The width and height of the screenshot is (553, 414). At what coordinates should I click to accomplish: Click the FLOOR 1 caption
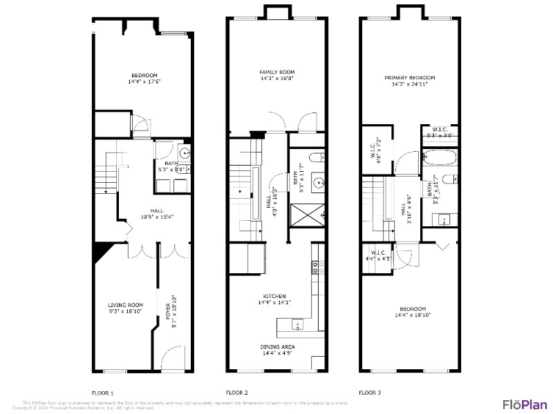[102, 392]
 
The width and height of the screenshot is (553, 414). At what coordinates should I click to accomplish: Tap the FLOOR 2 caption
[236, 392]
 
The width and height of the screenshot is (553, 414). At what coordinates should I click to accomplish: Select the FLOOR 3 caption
[369, 392]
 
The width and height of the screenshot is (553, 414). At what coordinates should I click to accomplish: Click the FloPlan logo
[525, 404]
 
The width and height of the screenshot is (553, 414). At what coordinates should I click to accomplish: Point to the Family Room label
[277, 72]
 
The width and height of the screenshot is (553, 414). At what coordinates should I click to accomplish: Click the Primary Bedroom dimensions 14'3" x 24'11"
[410, 84]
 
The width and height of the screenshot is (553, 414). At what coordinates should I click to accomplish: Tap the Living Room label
[125, 305]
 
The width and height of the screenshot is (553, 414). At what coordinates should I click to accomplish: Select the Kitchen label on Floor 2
[274, 296]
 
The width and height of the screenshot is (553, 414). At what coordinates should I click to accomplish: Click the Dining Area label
[278, 347]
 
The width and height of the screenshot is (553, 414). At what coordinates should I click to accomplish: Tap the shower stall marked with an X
[306, 216]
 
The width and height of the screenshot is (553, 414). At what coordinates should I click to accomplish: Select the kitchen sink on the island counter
[297, 323]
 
